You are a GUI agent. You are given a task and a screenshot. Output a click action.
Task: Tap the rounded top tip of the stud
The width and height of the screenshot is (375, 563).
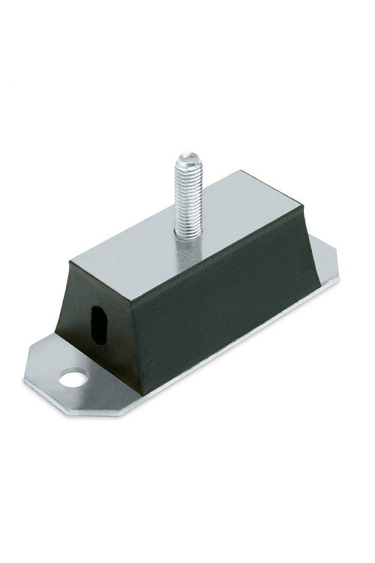click(184, 156)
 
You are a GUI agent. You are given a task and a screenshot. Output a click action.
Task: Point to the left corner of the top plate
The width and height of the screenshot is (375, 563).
click(72, 259)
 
